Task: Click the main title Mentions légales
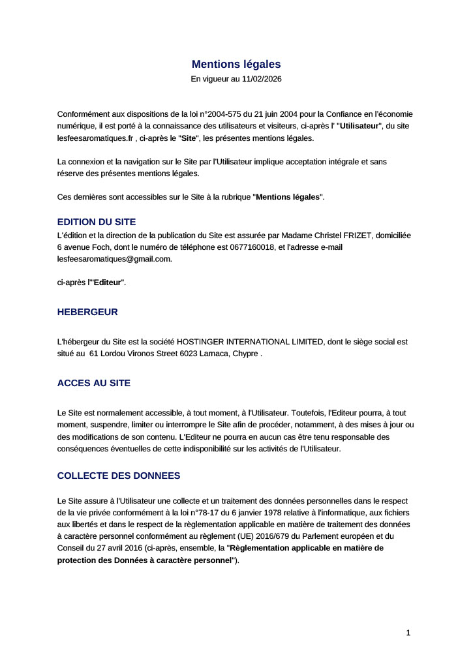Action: (236, 64)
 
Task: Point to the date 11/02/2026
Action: (262, 79)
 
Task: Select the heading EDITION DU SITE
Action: (97, 222)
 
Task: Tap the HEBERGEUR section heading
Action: (87, 312)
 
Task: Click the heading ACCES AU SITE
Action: (94, 383)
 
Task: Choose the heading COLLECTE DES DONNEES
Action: (119, 476)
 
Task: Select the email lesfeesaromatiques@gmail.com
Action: (114, 258)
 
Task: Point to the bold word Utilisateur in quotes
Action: (359, 126)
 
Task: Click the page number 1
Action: (408, 632)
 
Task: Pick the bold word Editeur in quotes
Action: (108, 282)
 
